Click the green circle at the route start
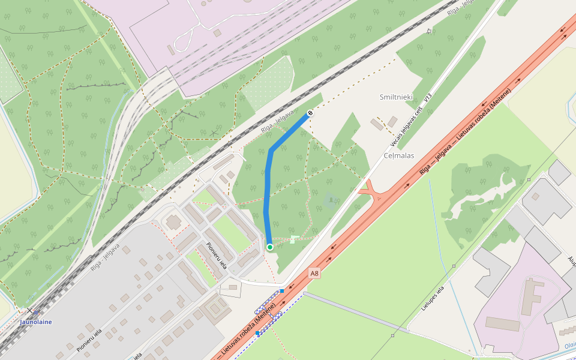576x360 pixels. tap(270, 247)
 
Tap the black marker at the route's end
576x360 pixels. tap(310, 113)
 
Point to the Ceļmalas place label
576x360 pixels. tap(398, 155)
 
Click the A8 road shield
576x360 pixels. tap(314, 273)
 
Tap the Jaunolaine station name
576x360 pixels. tap(36, 322)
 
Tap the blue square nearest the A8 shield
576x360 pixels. tap(282, 291)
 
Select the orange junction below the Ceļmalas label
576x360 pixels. tap(372, 192)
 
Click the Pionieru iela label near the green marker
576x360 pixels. tap(216, 255)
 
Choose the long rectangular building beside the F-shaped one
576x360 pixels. tap(503, 324)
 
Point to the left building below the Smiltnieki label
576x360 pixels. tap(377, 125)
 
